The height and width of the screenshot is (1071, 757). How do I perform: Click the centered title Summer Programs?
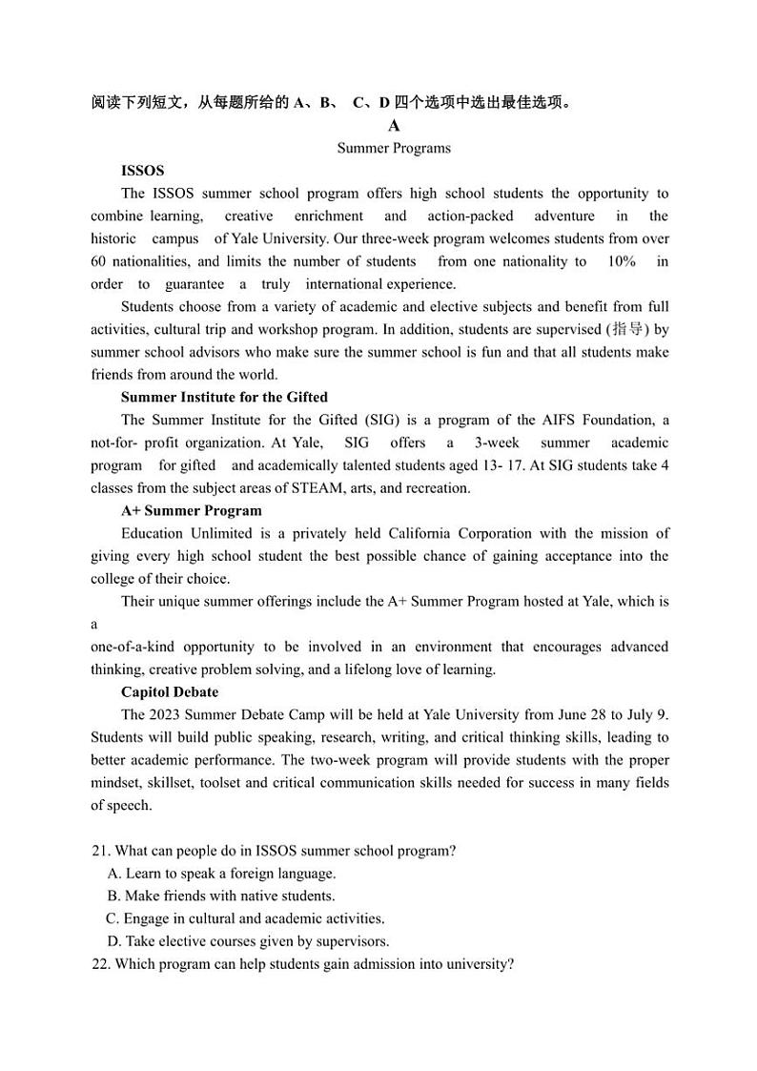pyautogui.click(x=394, y=148)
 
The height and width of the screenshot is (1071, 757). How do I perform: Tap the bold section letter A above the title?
pyautogui.click(x=394, y=126)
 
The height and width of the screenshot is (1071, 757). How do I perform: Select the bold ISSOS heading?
pyautogui.click(x=142, y=171)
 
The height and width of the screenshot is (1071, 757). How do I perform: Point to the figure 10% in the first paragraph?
pyautogui.click(x=621, y=261)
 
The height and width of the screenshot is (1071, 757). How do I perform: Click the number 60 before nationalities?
pyautogui.click(x=98, y=261)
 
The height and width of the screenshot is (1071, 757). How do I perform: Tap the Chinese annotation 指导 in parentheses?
pyautogui.click(x=625, y=329)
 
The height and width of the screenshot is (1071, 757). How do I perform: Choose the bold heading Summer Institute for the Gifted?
pyautogui.click(x=224, y=397)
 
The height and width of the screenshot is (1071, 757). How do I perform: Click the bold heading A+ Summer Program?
pyautogui.click(x=192, y=510)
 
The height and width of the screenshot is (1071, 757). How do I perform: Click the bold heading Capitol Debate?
pyautogui.click(x=170, y=691)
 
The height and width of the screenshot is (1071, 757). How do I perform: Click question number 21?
pyautogui.click(x=100, y=851)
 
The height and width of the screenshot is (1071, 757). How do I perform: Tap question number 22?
pyautogui.click(x=100, y=964)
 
